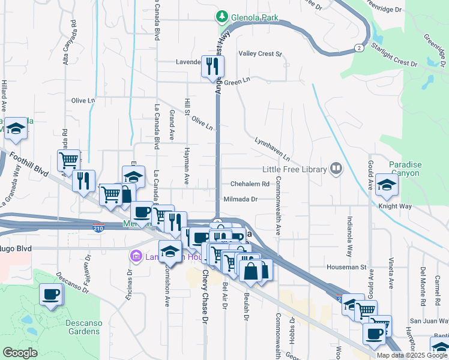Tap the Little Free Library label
296,169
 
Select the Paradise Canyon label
405,169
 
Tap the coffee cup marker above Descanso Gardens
51,295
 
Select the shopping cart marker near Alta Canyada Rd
69,160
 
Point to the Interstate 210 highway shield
98,228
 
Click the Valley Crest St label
260,54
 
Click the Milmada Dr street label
240,199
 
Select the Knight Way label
395,206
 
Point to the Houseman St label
346,266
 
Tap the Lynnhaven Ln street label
272,148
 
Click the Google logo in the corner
20,353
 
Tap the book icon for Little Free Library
336,169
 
